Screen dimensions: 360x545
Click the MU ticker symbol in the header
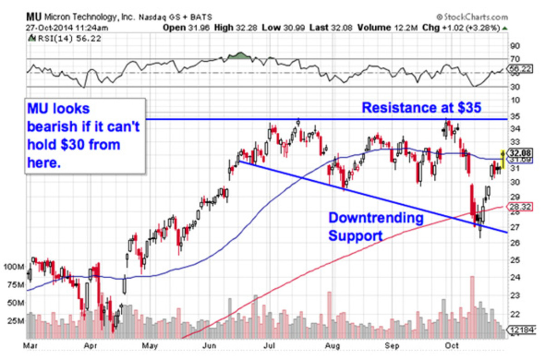point(33,17)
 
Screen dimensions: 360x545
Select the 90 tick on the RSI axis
point(514,46)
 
